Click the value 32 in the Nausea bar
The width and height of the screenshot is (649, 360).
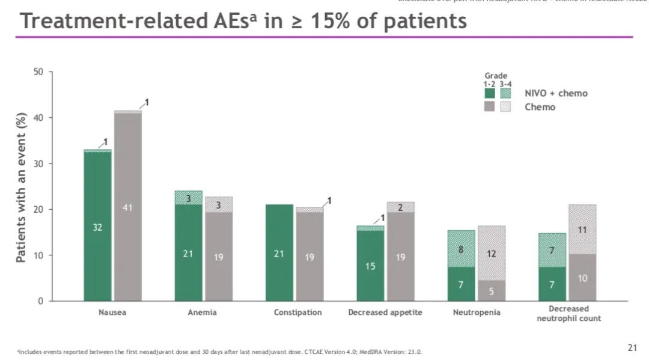pyautogui.click(x=97, y=228)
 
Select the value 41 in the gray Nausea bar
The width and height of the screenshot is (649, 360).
pyautogui.click(x=128, y=208)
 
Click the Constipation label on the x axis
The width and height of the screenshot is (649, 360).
pyautogui.click(x=297, y=313)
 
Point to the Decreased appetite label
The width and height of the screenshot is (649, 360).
pyautogui.click(x=385, y=313)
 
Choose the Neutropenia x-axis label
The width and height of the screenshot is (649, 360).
pyautogui.click(x=477, y=313)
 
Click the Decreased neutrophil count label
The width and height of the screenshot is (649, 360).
pyautogui.click(x=568, y=313)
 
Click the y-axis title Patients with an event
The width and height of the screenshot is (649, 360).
pyautogui.click(x=21, y=187)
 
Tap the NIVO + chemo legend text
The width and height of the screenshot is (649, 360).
pyautogui.click(x=556, y=93)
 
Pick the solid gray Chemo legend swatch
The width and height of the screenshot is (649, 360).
pyautogui.click(x=490, y=107)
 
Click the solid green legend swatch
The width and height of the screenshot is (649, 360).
pyautogui.click(x=490, y=93)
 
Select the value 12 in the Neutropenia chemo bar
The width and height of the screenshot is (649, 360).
pyautogui.click(x=492, y=254)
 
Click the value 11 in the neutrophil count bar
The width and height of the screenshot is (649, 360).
pyautogui.click(x=583, y=230)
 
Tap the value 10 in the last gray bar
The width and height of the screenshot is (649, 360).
pyautogui.click(x=583, y=278)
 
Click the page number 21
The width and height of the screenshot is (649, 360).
pyautogui.click(x=632, y=347)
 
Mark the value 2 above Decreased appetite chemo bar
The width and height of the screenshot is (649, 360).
pyautogui.click(x=401, y=207)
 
